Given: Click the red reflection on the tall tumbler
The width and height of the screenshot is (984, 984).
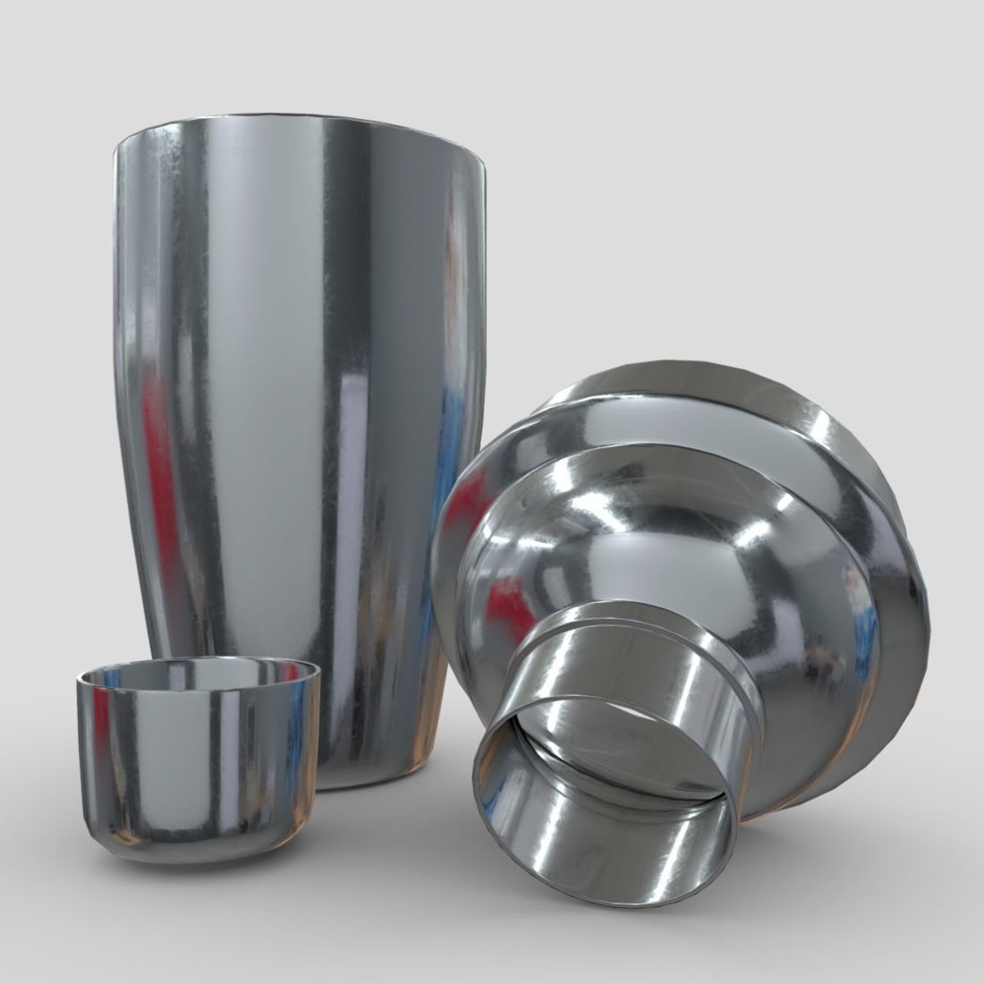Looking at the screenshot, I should pos(161,465).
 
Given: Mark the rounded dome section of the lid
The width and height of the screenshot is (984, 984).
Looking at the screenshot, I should pos(626,537).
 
